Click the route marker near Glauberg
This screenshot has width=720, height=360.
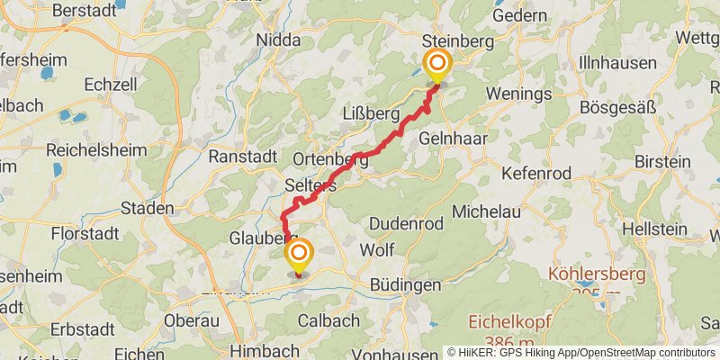pyautogui.click(x=298, y=253)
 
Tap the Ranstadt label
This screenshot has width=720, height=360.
pyautogui.click(x=242, y=156)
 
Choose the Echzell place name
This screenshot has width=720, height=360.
pyautogui.click(x=110, y=83)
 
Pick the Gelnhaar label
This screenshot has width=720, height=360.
pyautogui.click(x=449, y=141)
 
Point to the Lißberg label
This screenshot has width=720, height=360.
pyautogui.click(x=370, y=113)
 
